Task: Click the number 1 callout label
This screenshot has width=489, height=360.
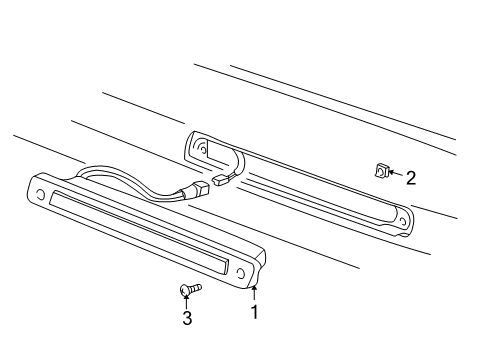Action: [x=254, y=311]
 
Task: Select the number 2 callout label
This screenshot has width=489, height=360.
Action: [x=410, y=178]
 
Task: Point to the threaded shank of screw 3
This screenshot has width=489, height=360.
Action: [x=196, y=288]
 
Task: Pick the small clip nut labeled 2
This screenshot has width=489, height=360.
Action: [x=380, y=172]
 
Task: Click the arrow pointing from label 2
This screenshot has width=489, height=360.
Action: [x=394, y=175]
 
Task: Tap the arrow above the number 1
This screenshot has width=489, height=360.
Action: [x=254, y=293]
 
